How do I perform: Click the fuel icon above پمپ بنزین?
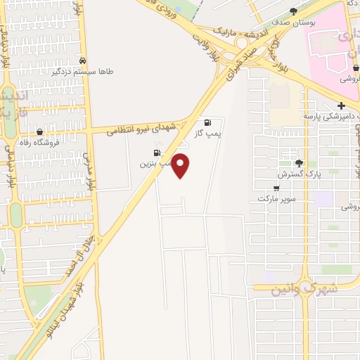point(156,153)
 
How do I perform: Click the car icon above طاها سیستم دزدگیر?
point(83,61)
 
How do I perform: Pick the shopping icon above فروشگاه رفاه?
point(39,131)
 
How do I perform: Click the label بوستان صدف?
point(293,22)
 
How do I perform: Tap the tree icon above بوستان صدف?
point(294,11)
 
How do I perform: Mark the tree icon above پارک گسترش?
point(299,162)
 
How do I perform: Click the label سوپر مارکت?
point(273,199)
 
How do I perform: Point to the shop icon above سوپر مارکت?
point(276,188)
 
